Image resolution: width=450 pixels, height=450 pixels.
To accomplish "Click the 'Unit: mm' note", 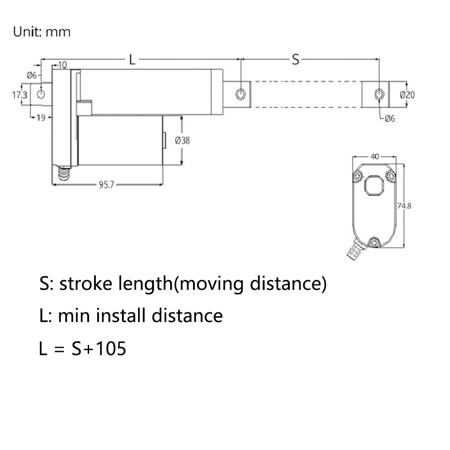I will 42,32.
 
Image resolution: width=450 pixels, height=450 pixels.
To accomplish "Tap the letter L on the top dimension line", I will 132,59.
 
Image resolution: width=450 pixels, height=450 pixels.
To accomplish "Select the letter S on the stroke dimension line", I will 295,59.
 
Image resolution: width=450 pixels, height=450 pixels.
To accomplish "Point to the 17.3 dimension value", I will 19,95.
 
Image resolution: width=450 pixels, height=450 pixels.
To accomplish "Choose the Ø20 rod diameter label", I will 407,94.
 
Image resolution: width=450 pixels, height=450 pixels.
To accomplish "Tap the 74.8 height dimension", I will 404,206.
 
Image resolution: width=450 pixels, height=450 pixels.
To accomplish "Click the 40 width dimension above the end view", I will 374,157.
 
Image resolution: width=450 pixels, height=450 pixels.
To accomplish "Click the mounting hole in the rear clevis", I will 41,94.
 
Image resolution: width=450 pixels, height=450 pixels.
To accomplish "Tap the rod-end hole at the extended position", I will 379,94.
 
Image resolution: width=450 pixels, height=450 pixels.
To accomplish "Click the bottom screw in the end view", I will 374,243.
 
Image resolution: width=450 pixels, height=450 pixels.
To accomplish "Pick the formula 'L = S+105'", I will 83,349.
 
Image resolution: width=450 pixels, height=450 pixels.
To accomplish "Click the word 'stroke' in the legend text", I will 85,284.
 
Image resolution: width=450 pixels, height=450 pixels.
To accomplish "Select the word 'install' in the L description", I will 120,316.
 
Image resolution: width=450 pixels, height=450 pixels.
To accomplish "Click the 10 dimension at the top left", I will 62,65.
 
